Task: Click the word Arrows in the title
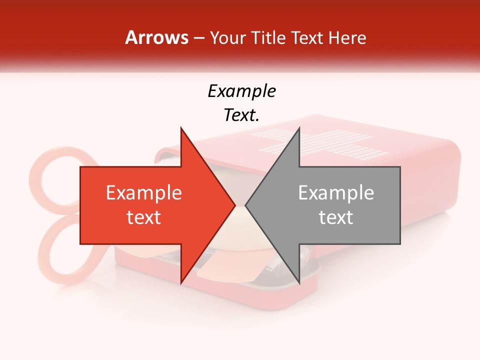click(157, 37)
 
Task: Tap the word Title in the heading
click(269, 38)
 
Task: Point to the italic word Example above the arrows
click(241, 91)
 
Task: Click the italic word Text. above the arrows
click(241, 115)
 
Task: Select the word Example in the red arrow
click(144, 193)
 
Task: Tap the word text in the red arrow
click(144, 217)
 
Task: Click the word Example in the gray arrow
click(336, 193)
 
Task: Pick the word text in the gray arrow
click(336, 217)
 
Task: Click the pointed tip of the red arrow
click(234, 205)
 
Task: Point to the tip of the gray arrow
click(246, 205)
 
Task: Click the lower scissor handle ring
click(62, 250)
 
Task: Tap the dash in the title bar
click(198, 38)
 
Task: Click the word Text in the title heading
click(306, 38)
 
